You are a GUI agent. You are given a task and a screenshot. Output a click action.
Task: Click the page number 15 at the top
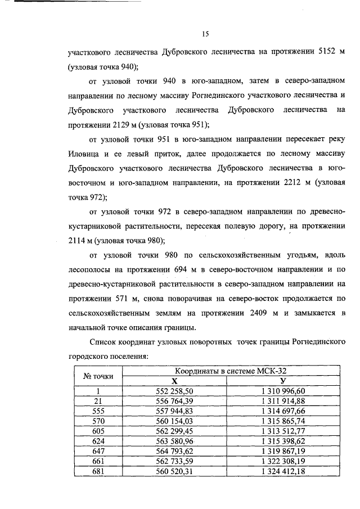click(x=205, y=34)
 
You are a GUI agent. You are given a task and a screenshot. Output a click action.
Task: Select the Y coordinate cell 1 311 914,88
click(x=283, y=400)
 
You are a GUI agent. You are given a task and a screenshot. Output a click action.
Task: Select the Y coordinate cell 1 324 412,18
click(x=283, y=471)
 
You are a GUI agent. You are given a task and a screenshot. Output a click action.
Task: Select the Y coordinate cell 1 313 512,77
click(x=283, y=431)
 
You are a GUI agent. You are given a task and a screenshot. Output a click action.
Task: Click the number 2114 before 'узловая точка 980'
click(x=78, y=241)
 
